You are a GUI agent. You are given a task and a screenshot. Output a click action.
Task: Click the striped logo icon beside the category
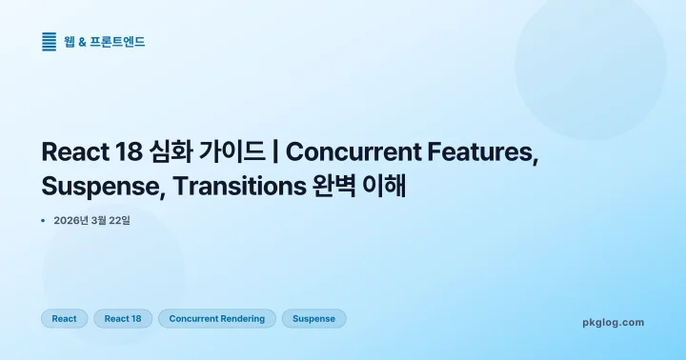50,41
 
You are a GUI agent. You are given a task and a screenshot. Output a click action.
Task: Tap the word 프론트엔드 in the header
119,41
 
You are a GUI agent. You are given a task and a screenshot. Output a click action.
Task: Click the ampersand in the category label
83,41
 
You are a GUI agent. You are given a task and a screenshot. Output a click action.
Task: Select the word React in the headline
72,152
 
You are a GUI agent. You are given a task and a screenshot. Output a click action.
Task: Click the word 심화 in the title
169,152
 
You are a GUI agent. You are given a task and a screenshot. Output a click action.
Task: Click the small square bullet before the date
44,220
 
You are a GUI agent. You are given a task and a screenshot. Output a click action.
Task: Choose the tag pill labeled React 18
122,318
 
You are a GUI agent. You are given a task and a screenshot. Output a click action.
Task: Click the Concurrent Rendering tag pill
216,318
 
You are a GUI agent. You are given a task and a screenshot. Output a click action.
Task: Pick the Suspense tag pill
313,318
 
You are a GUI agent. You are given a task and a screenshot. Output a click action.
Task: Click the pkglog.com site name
613,322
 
